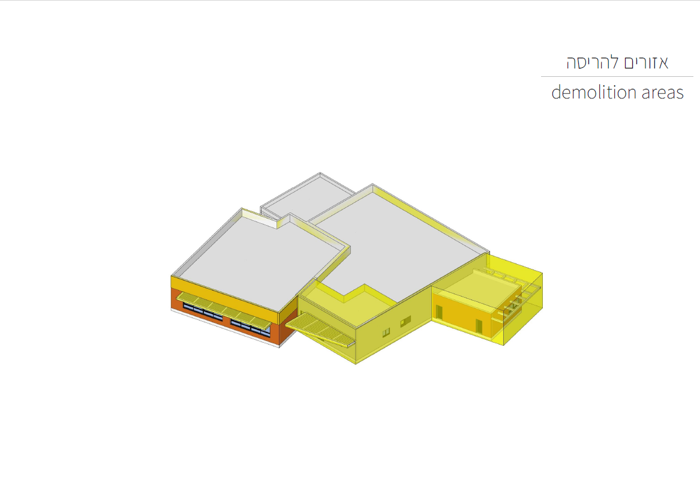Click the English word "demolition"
[594, 92]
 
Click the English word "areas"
[662, 93]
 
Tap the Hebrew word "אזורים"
[646, 62]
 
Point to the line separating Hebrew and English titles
[617, 77]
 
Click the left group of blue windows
[203, 312]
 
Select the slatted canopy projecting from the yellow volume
[320, 329]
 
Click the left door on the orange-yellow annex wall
[439, 313]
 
